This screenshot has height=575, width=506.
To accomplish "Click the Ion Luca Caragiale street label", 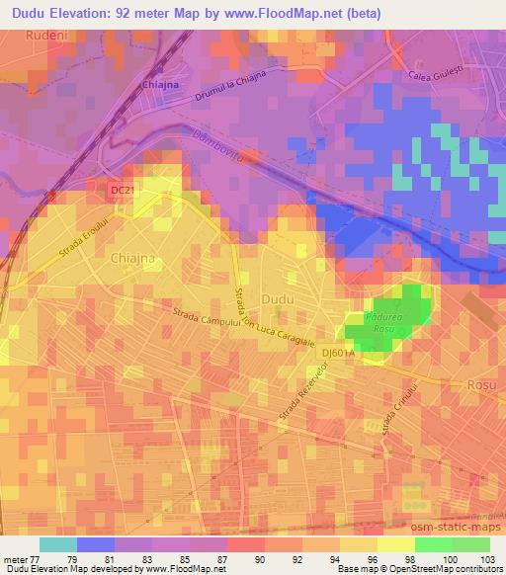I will pyautogui.click(x=287, y=328).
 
